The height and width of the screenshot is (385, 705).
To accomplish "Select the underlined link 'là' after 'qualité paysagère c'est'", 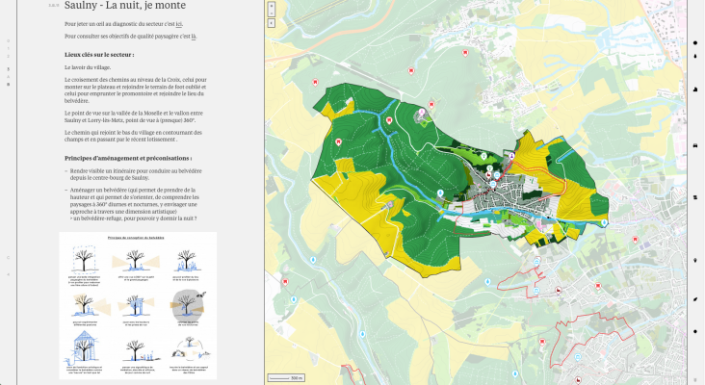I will click(193, 36).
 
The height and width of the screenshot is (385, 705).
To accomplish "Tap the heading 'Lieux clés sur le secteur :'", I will click(98, 55).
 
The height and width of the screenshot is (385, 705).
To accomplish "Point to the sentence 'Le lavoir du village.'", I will click(87, 68).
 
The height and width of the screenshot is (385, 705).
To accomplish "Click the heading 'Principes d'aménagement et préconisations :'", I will click(128, 157).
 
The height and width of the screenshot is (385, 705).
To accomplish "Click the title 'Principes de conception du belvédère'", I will click(136, 236).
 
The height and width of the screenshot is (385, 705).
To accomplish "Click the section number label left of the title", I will click(54, 7).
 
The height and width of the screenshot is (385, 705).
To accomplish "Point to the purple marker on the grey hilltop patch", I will click(420, 114).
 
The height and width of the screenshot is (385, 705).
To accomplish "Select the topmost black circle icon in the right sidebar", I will click(695, 43).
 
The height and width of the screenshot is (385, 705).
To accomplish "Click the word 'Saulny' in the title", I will click(81, 6).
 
